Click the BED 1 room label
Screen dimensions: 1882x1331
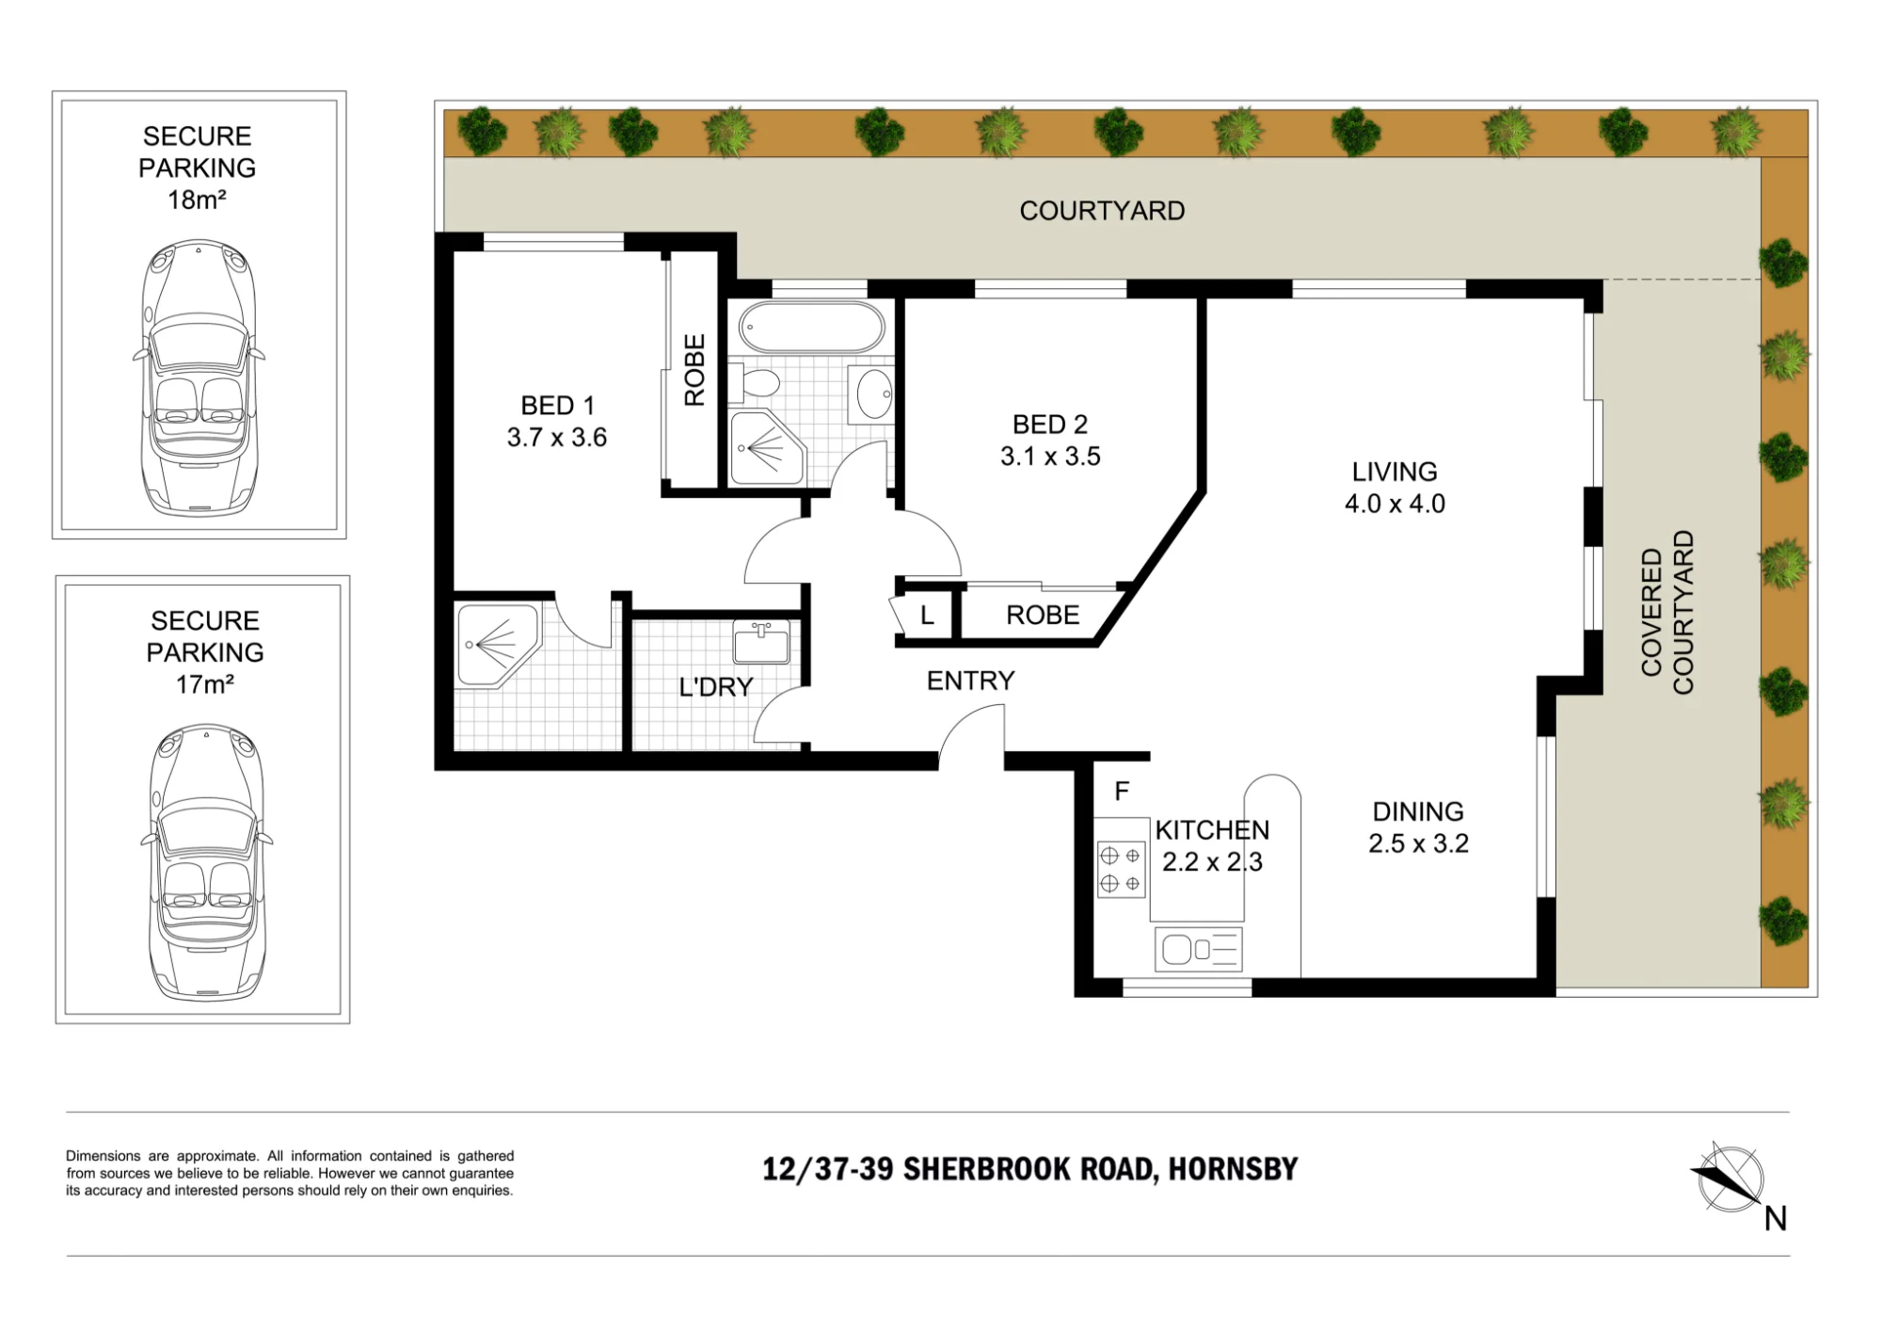(557, 406)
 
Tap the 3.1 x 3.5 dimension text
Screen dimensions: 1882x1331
(1050, 457)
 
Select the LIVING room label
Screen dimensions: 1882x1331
(1395, 472)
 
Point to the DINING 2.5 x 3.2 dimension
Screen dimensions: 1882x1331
(1418, 843)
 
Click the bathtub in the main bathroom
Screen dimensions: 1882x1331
(811, 328)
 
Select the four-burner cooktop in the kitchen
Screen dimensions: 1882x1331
(1121, 869)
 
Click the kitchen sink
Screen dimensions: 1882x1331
(1198, 949)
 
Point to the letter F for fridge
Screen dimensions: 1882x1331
(1122, 792)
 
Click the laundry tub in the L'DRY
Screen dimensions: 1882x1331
(761, 642)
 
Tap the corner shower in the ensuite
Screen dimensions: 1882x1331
(498, 645)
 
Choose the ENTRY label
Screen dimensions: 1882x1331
(970, 681)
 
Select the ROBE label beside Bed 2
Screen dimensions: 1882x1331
(1043, 616)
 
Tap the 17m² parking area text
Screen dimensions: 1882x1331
(205, 684)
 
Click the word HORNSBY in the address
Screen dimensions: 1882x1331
(1233, 1169)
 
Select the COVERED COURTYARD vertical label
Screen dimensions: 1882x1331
(1667, 613)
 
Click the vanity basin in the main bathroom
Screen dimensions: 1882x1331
(872, 393)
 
